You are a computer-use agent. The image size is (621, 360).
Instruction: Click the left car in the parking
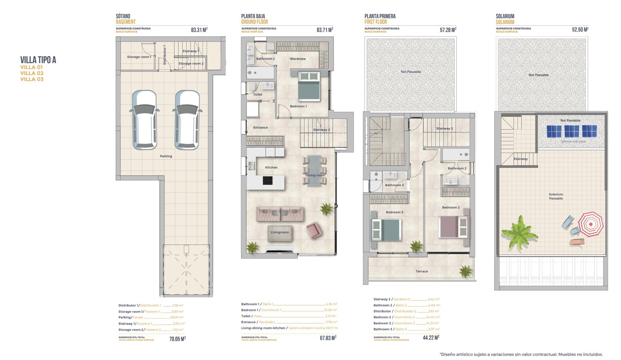pyautogui.click(x=144, y=119)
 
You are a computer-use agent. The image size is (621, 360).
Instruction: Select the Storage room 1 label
pyautogui.click(x=139, y=57)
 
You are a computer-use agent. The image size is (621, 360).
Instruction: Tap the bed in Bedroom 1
pyautogui.click(x=309, y=86)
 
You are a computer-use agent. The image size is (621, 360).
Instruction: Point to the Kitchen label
pyautogui.click(x=271, y=168)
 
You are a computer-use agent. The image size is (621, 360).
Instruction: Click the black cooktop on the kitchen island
pyautogui.click(x=267, y=180)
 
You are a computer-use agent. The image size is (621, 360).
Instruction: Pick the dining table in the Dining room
pyautogui.click(x=314, y=171)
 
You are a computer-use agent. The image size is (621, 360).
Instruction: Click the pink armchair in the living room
pyautogui.click(x=314, y=230)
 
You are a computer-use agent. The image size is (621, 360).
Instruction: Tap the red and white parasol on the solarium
pyautogui.click(x=591, y=224)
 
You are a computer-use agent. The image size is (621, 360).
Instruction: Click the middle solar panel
pyautogui.click(x=571, y=131)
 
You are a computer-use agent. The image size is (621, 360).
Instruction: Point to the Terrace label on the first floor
pyautogui.click(x=422, y=272)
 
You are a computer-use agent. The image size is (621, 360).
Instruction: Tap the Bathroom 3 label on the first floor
pyautogui.click(x=394, y=185)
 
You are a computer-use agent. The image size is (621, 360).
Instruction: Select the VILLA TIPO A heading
pyautogui.click(x=38, y=60)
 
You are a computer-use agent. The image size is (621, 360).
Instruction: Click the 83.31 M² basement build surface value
pyautogui.click(x=199, y=30)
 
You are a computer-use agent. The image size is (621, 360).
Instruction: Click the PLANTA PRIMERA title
pyautogui.click(x=380, y=16)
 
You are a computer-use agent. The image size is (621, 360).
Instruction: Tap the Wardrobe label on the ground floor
pyautogui.click(x=298, y=59)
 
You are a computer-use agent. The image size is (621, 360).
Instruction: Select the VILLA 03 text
pyautogui.click(x=32, y=79)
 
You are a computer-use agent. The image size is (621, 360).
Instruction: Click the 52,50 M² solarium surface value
pyautogui.click(x=580, y=30)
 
